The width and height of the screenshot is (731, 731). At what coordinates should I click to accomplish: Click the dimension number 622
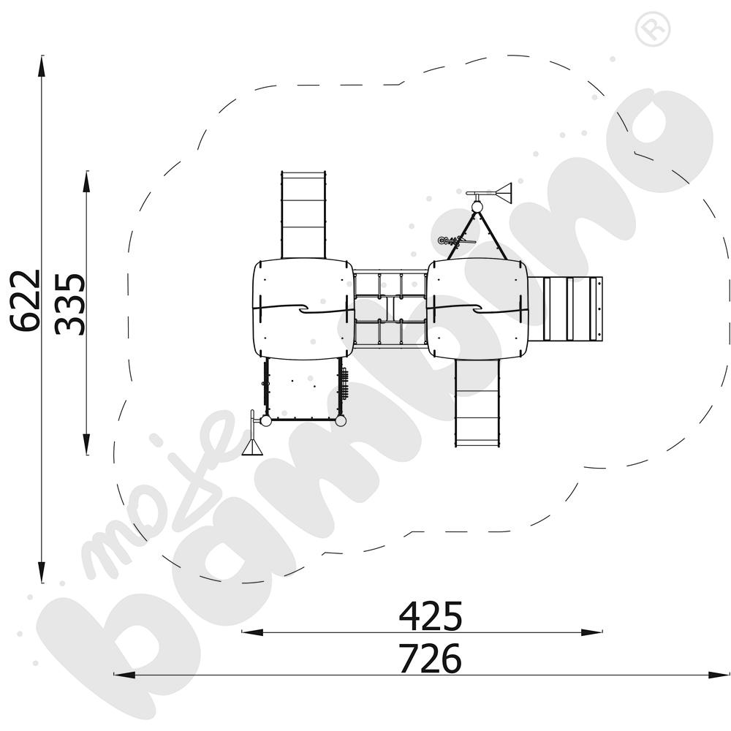[x=25, y=300]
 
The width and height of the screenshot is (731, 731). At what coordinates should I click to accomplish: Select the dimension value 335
[x=70, y=304]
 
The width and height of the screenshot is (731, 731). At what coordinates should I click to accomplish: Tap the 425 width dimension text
[x=431, y=616]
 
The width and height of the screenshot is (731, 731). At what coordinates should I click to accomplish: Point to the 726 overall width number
[x=431, y=659]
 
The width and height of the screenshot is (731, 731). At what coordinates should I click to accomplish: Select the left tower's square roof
[x=303, y=308]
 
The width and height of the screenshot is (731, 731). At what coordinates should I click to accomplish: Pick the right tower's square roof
[x=477, y=308]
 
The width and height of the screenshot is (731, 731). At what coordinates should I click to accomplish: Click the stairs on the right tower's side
[x=572, y=308]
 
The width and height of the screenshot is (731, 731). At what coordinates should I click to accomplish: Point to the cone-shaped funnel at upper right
[x=503, y=194]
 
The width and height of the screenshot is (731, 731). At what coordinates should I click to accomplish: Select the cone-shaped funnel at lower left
[x=252, y=447]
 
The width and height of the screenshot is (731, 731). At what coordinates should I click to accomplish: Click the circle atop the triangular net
[x=477, y=207]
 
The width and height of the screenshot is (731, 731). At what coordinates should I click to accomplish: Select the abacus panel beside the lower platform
[x=344, y=384]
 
